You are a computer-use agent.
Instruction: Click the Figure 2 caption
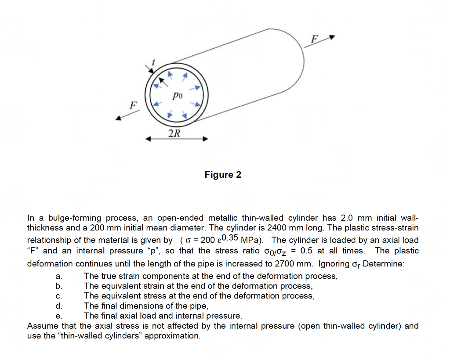coord(223,175)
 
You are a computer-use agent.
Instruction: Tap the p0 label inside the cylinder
coord(177,94)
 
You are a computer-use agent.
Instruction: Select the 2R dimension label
coord(174,133)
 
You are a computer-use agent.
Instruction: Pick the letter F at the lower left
coord(131,105)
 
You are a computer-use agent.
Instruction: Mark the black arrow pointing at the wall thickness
coord(147,70)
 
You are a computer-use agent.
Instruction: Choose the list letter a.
coord(58,277)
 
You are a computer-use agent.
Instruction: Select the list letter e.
coord(58,316)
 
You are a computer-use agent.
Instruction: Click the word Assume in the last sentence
coord(42,326)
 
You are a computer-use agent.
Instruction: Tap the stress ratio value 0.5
coord(306,251)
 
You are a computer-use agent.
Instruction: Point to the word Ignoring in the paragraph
coord(334,264)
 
